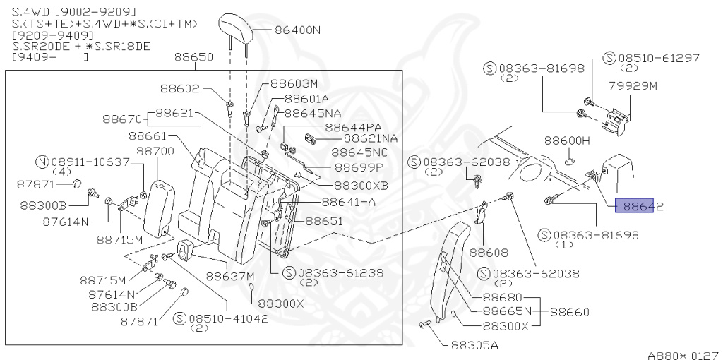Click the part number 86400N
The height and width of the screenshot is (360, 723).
click(x=297, y=30)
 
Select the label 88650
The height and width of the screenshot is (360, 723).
click(x=193, y=57)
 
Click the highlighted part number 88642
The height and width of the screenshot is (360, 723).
click(x=639, y=206)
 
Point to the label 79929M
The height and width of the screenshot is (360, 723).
click(x=633, y=85)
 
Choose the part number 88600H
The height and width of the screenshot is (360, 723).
click(x=567, y=140)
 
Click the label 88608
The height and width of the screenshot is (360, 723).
click(x=489, y=253)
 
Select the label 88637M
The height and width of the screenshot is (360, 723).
click(x=230, y=276)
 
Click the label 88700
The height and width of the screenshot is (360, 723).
click(x=155, y=151)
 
